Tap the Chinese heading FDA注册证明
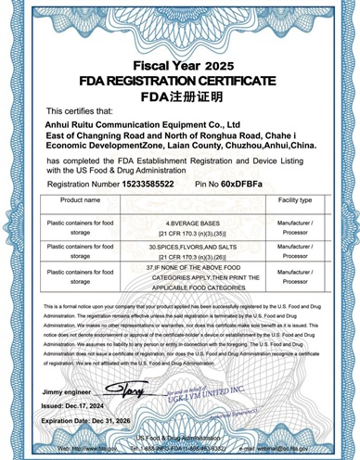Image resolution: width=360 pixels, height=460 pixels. pos(180,96)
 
